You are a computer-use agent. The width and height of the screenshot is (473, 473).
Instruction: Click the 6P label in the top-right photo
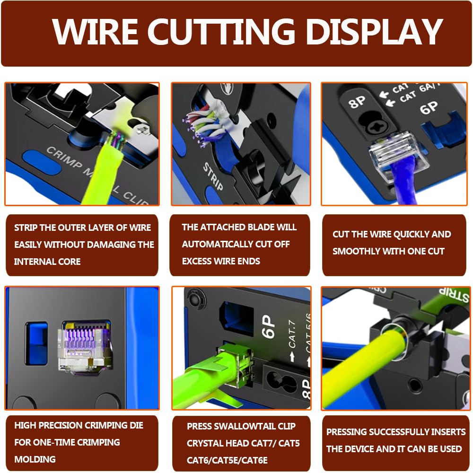(x=429, y=108)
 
